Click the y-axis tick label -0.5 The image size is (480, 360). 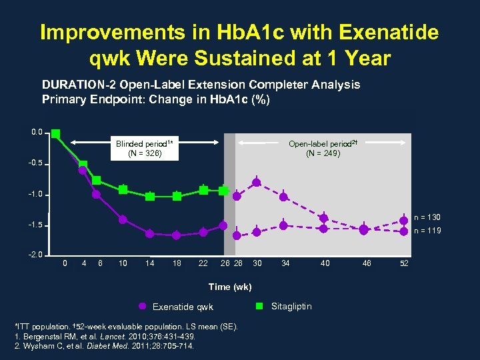(37, 163)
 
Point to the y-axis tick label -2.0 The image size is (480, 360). (37, 255)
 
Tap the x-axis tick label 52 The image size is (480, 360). (403, 263)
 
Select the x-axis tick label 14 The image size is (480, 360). (149, 263)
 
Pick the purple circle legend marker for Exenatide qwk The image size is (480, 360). (141, 307)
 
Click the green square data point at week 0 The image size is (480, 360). (56, 133)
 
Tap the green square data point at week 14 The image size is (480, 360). (150, 196)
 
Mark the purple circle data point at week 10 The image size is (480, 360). (123, 219)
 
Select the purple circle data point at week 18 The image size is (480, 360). (177, 235)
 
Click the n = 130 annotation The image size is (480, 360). (427, 217)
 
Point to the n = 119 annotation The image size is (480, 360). (427, 231)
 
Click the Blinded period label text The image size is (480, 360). (144, 144)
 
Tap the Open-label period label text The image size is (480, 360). (323, 143)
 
